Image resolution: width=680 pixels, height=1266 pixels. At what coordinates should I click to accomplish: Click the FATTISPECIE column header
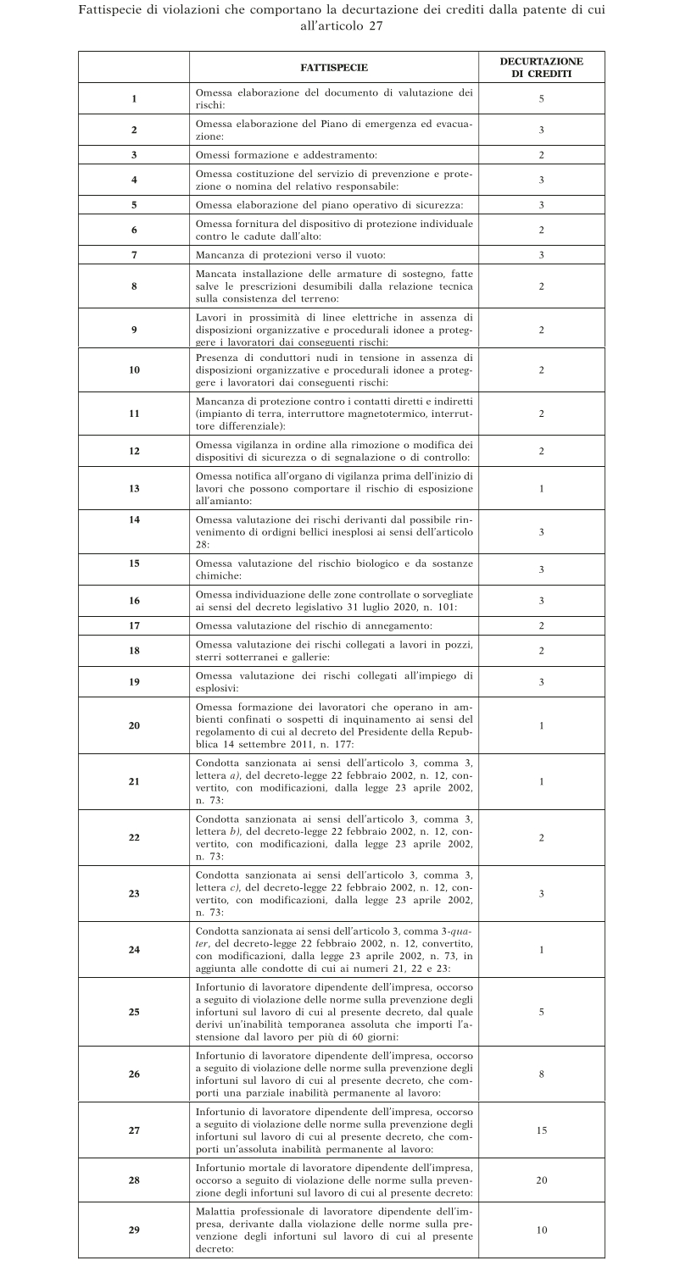[334, 67]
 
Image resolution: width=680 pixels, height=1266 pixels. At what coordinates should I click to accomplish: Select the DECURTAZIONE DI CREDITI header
[541, 67]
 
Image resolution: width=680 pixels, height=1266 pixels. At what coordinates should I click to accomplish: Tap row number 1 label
[134, 99]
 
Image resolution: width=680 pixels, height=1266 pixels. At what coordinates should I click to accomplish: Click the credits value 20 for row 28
[541, 1179]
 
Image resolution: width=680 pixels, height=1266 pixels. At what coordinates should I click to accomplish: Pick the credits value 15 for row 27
[541, 1130]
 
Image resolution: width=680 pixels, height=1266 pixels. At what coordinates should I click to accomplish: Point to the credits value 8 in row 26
[541, 1074]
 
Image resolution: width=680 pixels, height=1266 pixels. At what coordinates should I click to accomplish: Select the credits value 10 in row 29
[541, 1230]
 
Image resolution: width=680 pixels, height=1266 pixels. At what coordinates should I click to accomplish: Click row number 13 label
[134, 489]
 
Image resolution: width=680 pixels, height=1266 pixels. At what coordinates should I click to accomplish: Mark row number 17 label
[134, 626]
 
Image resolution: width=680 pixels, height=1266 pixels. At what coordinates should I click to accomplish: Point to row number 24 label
[134, 950]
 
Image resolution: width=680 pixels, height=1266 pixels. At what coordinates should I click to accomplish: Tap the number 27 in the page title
[376, 26]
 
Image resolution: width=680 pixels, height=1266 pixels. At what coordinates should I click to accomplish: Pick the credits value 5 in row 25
[541, 1012]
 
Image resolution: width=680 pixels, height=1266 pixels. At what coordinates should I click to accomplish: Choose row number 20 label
[134, 725]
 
